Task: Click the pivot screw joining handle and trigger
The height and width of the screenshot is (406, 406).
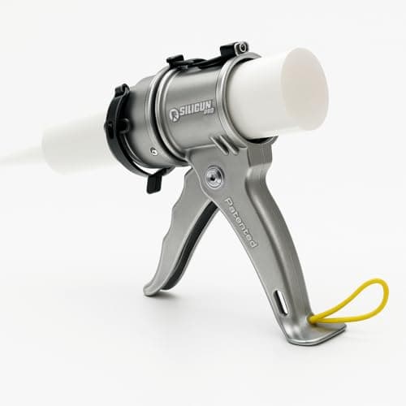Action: click(x=214, y=176)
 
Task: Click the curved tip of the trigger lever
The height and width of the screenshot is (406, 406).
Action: click(x=154, y=287)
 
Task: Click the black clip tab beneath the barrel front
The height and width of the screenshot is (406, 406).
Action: click(x=153, y=181)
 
